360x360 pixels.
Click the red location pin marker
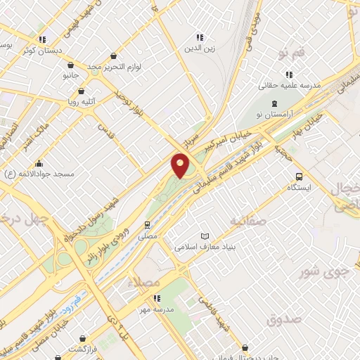(x=180, y=166)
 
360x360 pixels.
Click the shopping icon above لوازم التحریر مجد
(x=114, y=56)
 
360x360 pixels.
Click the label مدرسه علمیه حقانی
(x=290, y=84)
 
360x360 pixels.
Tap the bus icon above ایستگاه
(x=300, y=177)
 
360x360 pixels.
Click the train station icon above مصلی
(x=147, y=225)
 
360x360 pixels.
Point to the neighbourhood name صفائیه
(x=248, y=221)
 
